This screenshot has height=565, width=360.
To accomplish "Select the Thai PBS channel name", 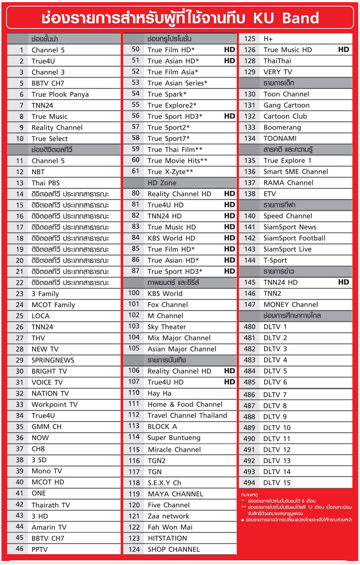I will pyautogui.click(x=46, y=183).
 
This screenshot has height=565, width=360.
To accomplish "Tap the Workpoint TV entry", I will pyautogui.click(x=54, y=405).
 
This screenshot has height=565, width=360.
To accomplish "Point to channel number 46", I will pyautogui.click(x=19, y=549).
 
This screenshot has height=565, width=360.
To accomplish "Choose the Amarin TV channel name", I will pyautogui.click(x=49, y=527).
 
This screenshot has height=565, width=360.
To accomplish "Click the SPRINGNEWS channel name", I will pyautogui.click(x=53, y=360).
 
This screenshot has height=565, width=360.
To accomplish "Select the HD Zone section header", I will pyautogui.click(x=162, y=183).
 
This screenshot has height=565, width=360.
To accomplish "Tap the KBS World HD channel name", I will pyautogui.click(x=171, y=238).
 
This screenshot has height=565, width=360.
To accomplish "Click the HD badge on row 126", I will pyautogui.click(x=343, y=50).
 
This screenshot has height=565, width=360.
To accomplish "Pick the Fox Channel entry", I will pyautogui.click(x=168, y=305).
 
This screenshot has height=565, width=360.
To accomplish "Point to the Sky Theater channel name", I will pyautogui.click(x=167, y=327).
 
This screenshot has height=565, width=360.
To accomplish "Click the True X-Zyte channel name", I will pyautogui.click(x=170, y=172).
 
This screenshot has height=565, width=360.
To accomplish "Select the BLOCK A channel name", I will pyautogui.click(x=162, y=427).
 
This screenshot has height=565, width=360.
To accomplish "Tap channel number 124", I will pyautogui.click(x=134, y=549).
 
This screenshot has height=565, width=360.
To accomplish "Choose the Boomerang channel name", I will pyautogui.click(x=282, y=127).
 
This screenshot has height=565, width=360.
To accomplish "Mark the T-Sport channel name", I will pyautogui.click(x=275, y=260).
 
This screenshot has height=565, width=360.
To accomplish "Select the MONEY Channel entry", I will pyautogui.click(x=290, y=305).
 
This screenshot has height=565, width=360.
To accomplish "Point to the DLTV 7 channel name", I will pyautogui.click(x=275, y=395).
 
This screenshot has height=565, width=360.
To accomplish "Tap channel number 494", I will pyautogui.click(x=249, y=483).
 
